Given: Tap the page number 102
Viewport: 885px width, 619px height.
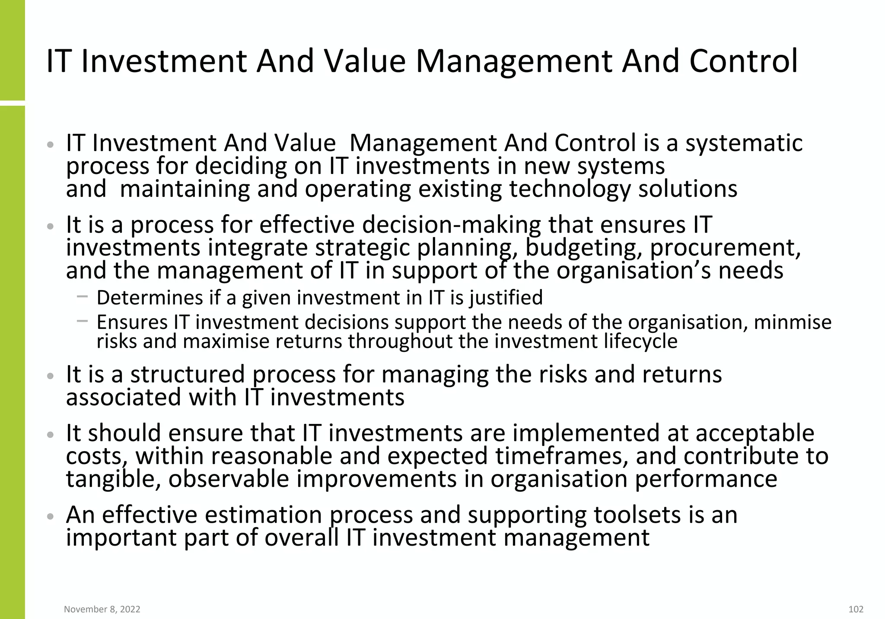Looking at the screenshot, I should pos(856,609).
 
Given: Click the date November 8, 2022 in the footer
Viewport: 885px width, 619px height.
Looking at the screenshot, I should pos(102,609).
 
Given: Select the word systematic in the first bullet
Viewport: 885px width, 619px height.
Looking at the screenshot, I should pos(744,144).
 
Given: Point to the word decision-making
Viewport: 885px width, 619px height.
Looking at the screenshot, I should pos(452,225).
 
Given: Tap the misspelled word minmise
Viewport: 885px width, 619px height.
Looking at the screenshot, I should pos(793,322).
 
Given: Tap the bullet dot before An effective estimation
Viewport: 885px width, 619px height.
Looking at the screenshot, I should pos(51,516).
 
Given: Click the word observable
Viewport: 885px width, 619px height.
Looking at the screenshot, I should pos(229,479).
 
